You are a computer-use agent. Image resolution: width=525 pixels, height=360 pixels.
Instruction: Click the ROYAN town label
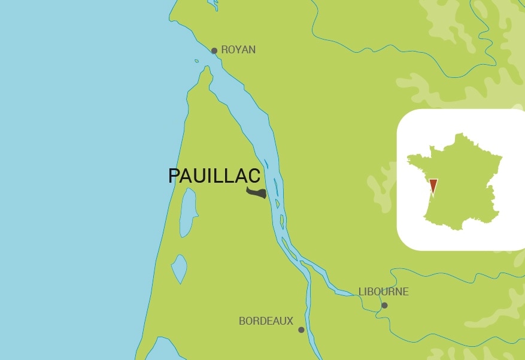click(x=238, y=50)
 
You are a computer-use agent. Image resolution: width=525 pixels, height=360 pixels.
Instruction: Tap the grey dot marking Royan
click(x=214, y=51)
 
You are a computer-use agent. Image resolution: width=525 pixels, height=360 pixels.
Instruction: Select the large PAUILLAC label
click(x=214, y=176)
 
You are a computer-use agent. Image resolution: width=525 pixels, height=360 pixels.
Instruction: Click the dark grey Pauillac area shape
click(x=257, y=193)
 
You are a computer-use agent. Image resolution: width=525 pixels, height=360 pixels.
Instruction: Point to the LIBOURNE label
click(x=383, y=292)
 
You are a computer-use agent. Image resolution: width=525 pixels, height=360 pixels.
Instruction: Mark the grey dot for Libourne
click(x=384, y=305)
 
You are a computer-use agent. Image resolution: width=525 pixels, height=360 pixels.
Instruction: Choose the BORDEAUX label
click(x=266, y=321)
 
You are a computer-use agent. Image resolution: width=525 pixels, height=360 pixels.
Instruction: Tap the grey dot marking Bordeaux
click(x=301, y=329)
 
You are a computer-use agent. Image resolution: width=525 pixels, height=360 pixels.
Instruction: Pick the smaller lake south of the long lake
click(x=179, y=268)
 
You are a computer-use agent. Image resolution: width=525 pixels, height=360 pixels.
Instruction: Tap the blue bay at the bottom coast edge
click(x=157, y=350)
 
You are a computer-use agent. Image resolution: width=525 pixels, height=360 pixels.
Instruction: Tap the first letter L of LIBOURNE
click(x=361, y=292)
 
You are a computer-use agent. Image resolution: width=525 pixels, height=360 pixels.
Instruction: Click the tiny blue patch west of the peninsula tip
click(x=196, y=60)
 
